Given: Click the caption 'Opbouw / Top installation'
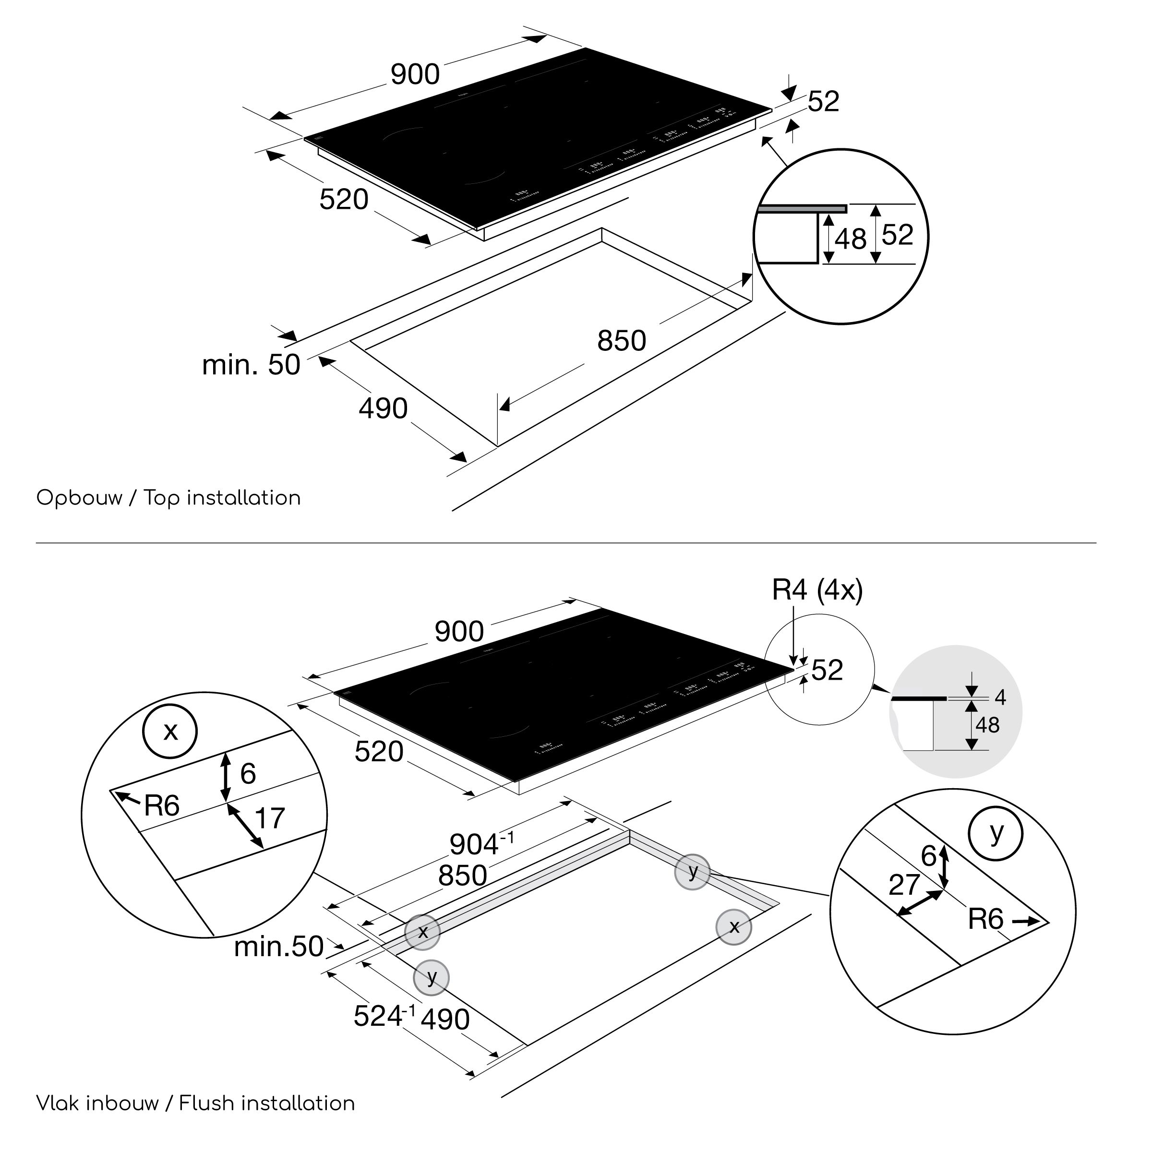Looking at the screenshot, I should [169, 498].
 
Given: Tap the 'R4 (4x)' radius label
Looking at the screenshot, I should [817, 590].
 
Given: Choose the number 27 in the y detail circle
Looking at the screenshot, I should [904, 885].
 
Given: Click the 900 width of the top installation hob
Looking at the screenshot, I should [415, 74].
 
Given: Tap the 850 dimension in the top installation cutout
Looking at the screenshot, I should [621, 341].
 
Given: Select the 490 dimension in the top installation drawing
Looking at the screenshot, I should [383, 408].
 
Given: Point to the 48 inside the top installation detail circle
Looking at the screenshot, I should [850, 240].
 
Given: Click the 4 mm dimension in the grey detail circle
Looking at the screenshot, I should [1000, 697].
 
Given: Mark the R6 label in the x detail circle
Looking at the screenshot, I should [162, 805].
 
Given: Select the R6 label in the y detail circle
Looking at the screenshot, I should [985, 919].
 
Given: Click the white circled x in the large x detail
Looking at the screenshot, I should [170, 731].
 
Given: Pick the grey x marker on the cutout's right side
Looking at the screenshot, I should [734, 926].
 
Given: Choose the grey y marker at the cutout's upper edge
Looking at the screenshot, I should [692, 872].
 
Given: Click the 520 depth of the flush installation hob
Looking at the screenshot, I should [379, 752].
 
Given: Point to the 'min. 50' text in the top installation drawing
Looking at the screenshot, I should [251, 365].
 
